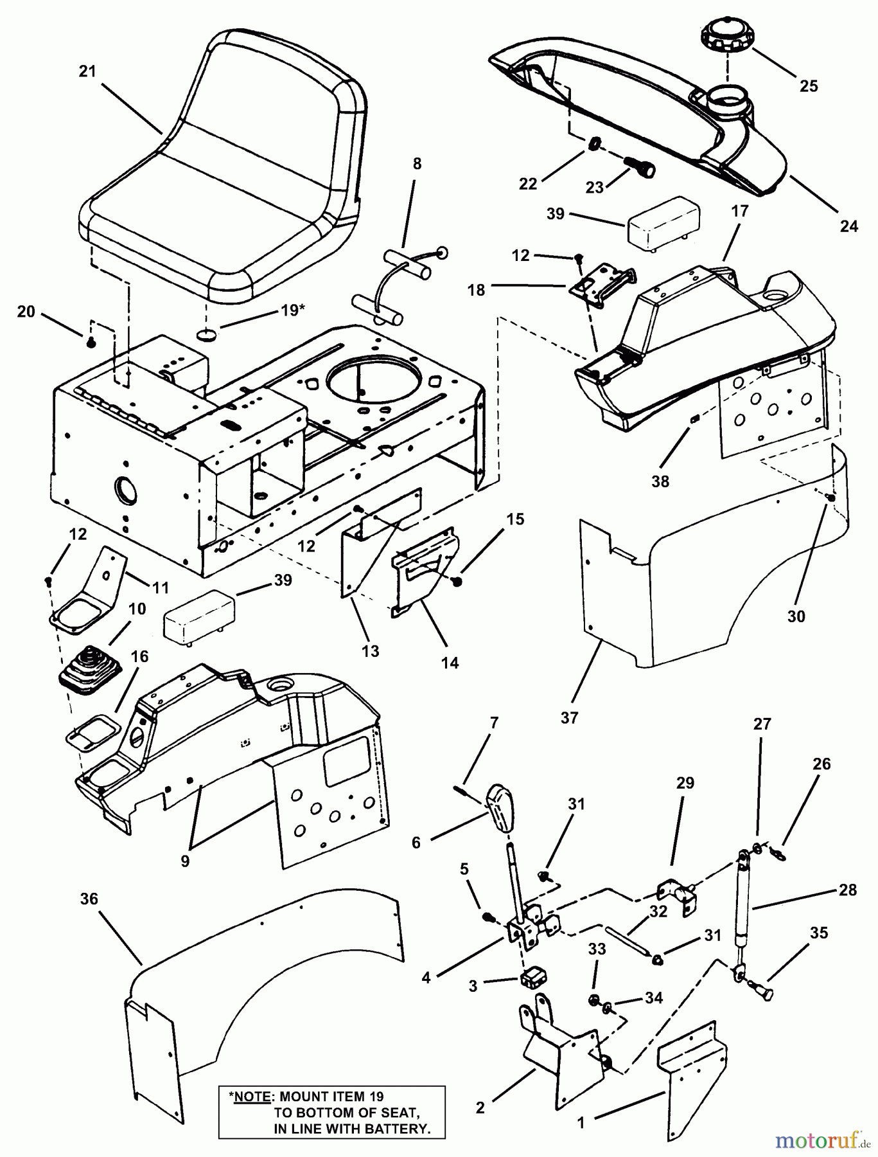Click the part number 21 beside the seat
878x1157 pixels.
click(87, 71)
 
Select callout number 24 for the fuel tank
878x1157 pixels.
click(848, 226)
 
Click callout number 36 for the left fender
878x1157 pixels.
click(89, 899)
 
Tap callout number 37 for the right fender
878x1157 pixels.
click(569, 717)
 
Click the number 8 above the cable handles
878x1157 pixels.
click(417, 164)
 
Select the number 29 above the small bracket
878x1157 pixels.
click(685, 784)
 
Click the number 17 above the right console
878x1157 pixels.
click(739, 211)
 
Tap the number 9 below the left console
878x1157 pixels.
click(185, 861)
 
